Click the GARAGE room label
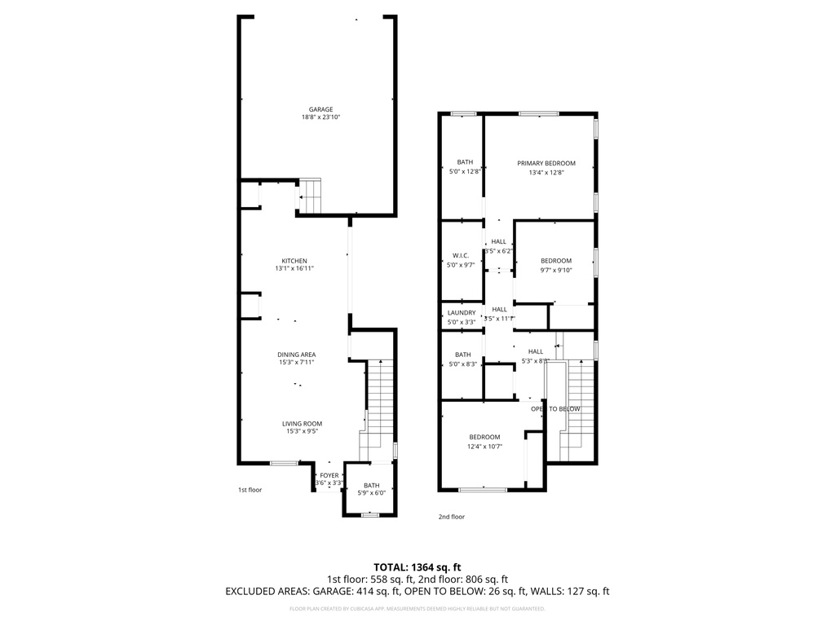[320, 109]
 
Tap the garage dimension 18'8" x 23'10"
[320, 117]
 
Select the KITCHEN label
[294, 261]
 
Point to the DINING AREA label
[297, 355]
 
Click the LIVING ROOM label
[303, 424]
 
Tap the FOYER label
[329, 475]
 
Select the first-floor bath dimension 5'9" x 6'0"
[372, 492]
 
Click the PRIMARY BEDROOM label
[546, 163]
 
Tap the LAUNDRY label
[462, 313]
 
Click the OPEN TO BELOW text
[555, 408]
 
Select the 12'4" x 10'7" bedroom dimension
[484, 446]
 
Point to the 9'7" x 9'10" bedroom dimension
[556, 270]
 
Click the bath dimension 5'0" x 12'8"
[465, 171]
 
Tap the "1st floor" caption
[250, 490]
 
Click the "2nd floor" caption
[451, 516]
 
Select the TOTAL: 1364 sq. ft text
[417, 566]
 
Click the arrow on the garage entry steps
[301, 196]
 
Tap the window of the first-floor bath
[370, 514]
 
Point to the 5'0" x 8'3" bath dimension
[463, 364]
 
